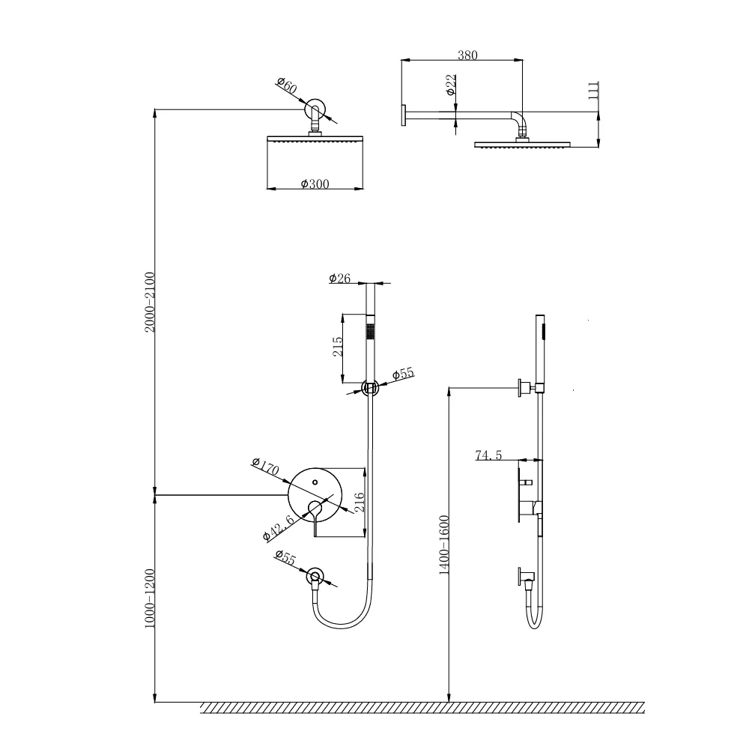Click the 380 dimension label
coord(467,55)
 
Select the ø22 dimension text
coord(450,85)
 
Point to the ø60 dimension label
coord(286,86)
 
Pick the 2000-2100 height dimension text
coord(148,302)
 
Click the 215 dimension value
coord(338,347)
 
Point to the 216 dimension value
coord(359,503)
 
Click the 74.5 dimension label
coord(488,455)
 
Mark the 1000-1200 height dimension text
coord(148,600)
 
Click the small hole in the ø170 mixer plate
coord(315,482)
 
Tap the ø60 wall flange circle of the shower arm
coord(315,109)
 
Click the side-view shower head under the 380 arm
coord(522,144)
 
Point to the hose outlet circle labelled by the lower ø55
coord(315,576)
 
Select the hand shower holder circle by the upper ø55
coord(369,387)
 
